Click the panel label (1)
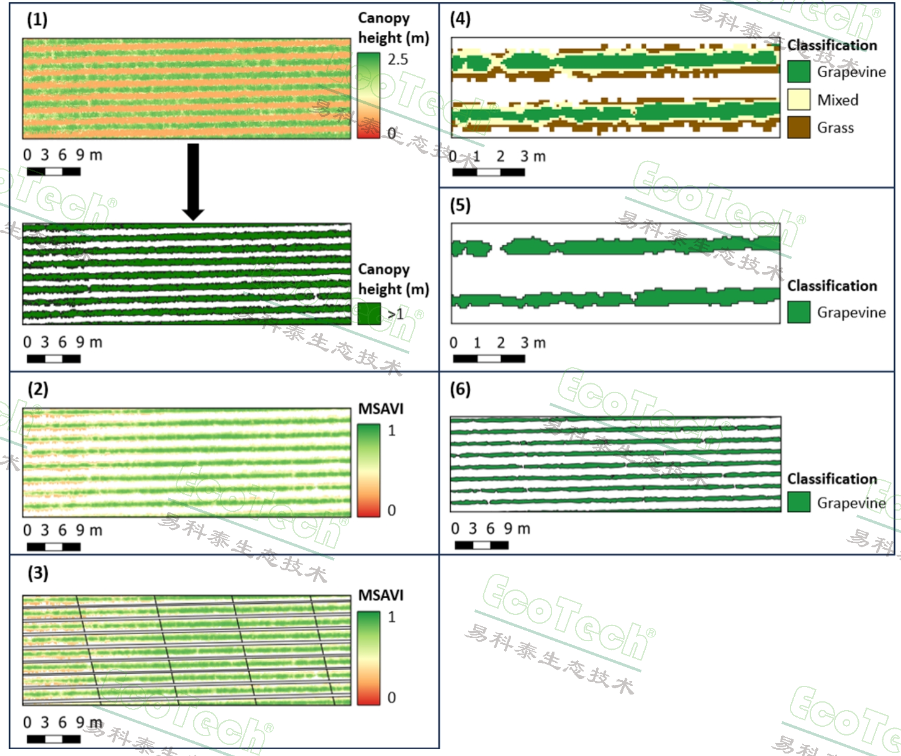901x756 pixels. pyautogui.click(x=37, y=19)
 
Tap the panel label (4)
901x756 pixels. pyautogui.click(x=460, y=19)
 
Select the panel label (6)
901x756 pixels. pyautogui.click(x=460, y=389)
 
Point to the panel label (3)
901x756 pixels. pyautogui.click(x=38, y=573)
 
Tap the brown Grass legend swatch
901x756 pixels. pyautogui.click(x=799, y=127)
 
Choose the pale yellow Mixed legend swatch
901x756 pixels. pyautogui.click(x=799, y=99)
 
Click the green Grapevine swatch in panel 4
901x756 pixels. pyautogui.click(x=799, y=71)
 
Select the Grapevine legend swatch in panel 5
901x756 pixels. pyautogui.click(x=799, y=312)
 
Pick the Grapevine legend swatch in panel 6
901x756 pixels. pyautogui.click(x=799, y=502)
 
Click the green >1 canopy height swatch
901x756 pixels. pyautogui.click(x=369, y=314)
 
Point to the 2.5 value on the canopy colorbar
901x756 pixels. pyautogui.click(x=398, y=60)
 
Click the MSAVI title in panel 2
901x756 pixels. pyautogui.click(x=381, y=409)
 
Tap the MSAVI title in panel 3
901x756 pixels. pyautogui.click(x=381, y=595)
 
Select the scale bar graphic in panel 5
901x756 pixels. pyautogui.click(x=489, y=358)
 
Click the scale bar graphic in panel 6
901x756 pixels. pyautogui.click(x=481, y=545)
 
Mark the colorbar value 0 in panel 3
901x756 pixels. pyautogui.click(x=392, y=698)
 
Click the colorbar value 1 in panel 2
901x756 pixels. pyautogui.click(x=392, y=430)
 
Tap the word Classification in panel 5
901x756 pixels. pyautogui.click(x=832, y=286)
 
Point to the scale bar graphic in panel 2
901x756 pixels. pyautogui.click(x=53, y=547)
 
